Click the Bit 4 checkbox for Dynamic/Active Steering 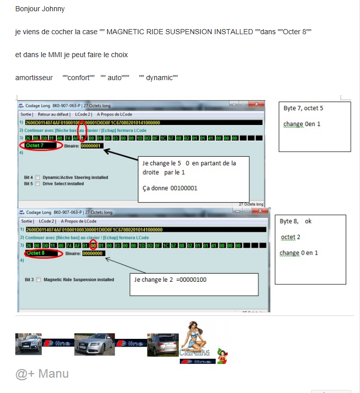click(37, 178)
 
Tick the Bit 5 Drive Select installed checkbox click(37, 184)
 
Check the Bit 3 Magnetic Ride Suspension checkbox click(38, 280)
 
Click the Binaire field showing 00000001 click(92, 146)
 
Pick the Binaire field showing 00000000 click(92, 253)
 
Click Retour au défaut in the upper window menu click(53, 114)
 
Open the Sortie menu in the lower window click(27, 222)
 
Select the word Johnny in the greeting click(53, 9)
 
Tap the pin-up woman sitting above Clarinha click(193, 335)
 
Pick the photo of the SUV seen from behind click(162, 345)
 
